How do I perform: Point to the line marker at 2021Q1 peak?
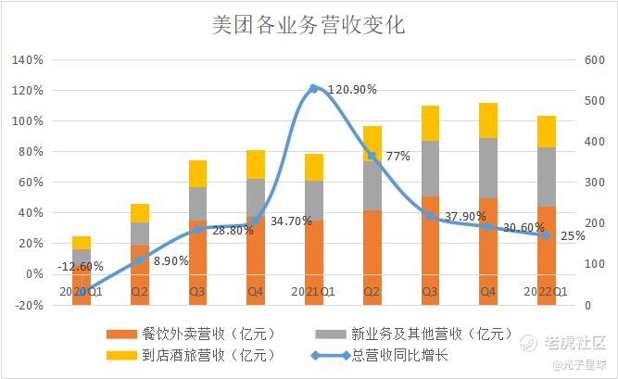(313, 89)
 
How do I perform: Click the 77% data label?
(397, 156)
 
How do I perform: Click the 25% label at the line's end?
(573, 235)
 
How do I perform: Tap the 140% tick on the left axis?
(29, 60)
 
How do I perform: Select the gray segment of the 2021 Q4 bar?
(487, 168)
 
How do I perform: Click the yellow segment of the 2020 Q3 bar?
(197, 173)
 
